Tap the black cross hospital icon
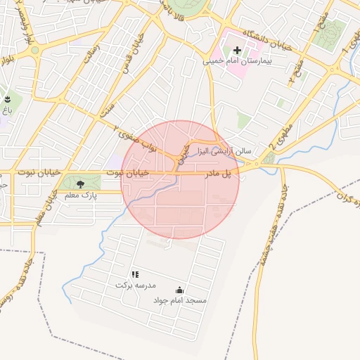tap(237, 51)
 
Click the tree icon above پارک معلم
tap(79, 184)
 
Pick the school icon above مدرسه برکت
tap(135, 274)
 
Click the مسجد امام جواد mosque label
tap(180, 300)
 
